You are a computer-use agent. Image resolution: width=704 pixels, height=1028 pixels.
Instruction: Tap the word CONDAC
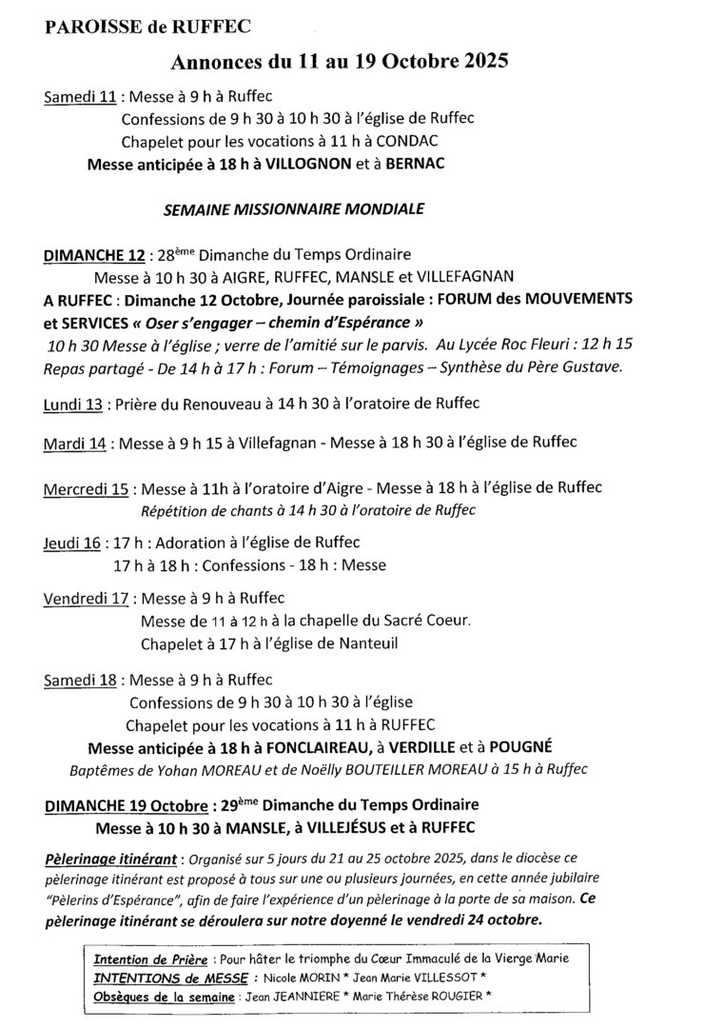pos(380,141)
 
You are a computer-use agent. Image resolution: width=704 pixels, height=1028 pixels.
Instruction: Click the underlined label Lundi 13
pos(73,405)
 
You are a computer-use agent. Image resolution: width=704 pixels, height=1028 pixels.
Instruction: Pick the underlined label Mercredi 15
pos(86,490)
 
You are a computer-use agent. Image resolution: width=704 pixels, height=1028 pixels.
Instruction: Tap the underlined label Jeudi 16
pos(72,544)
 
